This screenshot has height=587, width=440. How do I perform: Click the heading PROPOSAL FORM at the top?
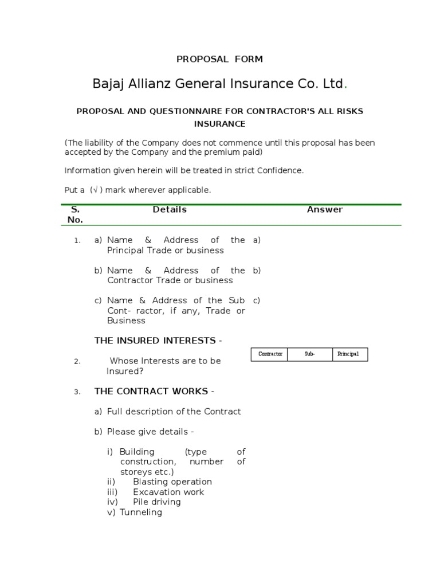(x=219, y=59)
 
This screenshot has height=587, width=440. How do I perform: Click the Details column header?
(x=170, y=210)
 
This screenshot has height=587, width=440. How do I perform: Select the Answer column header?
(x=325, y=210)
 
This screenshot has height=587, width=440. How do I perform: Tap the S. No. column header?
(x=75, y=214)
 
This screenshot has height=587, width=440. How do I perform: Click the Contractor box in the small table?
(x=270, y=354)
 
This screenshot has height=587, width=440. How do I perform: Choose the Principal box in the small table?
(x=348, y=354)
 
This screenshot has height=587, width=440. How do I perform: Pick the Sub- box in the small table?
(x=310, y=354)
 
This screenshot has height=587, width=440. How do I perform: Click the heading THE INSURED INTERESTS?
(x=158, y=341)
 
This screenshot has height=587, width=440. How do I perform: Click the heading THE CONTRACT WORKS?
(x=154, y=392)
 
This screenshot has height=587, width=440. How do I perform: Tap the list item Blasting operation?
(x=172, y=482)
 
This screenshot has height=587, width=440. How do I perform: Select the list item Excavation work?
(x=168, y=492)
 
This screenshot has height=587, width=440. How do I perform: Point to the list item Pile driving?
(x=156, y=502)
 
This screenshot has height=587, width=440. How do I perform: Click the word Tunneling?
(x=141, y=512)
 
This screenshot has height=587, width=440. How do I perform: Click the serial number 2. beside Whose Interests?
(x=77, y=362)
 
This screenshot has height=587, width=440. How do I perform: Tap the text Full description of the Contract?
(x=174, y=412)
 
